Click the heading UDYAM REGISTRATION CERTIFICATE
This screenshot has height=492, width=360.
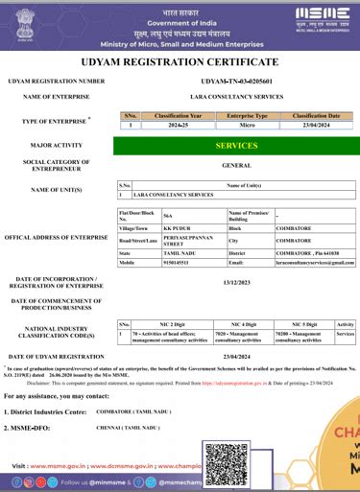coord(180,63)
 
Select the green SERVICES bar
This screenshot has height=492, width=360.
coord(236,146)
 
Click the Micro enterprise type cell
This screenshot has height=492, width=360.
coord(247,125)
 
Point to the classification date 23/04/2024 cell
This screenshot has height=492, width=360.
coord(316,125)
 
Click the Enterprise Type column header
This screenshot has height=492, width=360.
coord(247,115)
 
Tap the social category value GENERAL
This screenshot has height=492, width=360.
coord(236,165)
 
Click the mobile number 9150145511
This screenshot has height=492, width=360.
coord(152,262)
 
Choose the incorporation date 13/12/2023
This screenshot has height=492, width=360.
coord(236,283)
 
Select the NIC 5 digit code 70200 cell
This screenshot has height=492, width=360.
coord(301,336)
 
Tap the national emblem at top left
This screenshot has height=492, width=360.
coord(25,24)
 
